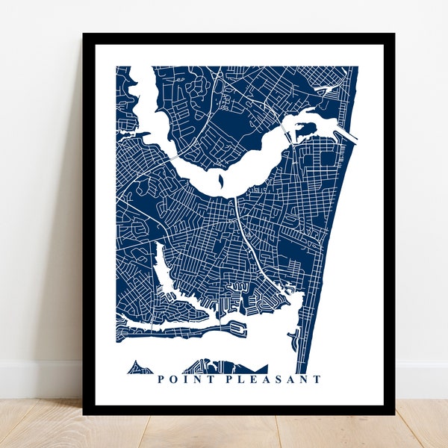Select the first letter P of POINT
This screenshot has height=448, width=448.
pos(161,379)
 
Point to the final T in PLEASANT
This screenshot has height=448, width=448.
pos(318,379)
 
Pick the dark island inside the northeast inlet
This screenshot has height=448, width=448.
pos(304,132)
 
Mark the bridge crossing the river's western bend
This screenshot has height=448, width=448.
pos(174,158)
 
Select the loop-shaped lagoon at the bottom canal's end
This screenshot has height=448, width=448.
pos(237,326)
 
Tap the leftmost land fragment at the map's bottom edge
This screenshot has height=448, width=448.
pos(137,368)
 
